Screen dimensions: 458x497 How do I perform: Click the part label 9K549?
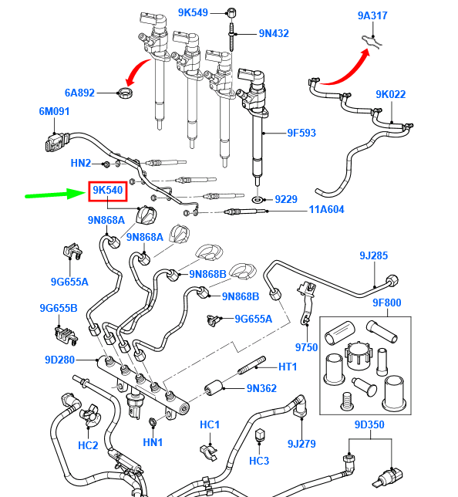pyautogui.click(x=193, y=12)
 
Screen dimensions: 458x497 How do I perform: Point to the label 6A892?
pyautogui.click(x=79, y=93)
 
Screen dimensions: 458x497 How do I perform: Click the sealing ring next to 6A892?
pyautogui.click(x=126, y=93)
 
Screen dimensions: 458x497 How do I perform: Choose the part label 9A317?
pyautogui.click(x=372, y=15)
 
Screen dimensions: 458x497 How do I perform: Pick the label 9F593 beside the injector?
pyautogui.click(x=301, y=133)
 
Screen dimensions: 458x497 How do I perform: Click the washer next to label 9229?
pyautogui.click(x=258, y=200)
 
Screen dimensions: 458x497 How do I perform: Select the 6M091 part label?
pyautogui.click(x=54, y=112)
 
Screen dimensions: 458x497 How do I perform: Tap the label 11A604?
pyautogui.click(x=327, y=209)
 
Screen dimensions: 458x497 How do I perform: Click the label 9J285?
pyautogui.click(x=373, y=255)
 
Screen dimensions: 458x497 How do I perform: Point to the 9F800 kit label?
pyautogui.click(x=387, y=303)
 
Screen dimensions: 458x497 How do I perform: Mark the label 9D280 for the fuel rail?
pyautogui.click(x=60, y=360)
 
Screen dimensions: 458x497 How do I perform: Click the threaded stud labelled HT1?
pyautogui.click(x=251, y=366)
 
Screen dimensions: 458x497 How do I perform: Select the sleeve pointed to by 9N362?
pyautogui.click(x=214, y=388)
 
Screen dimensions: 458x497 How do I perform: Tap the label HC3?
pyautogui.click(x=259, y=461)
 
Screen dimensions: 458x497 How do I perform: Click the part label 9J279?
pyautogui.click(x=301, y=444)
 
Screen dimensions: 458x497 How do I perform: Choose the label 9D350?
pyautogui.click(x=369, y=424)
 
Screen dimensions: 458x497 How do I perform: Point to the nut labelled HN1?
pyautogui.click(x=153, y=422)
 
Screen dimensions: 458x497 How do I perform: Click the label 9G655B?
pyautogui.click(x=59, y=308)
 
